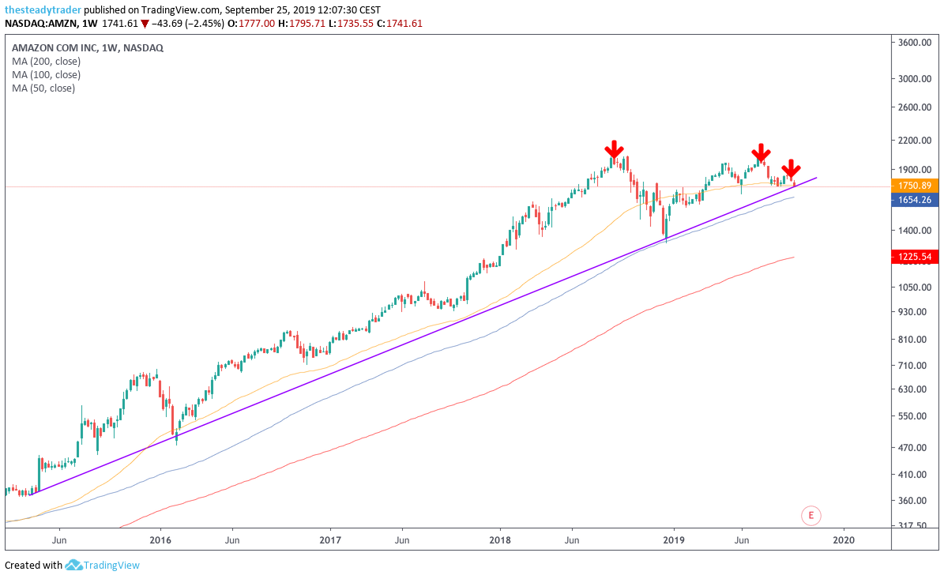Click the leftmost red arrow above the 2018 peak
(614, 151)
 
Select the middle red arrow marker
(761, 153)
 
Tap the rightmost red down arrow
(791, 169)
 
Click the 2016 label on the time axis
(160, 540)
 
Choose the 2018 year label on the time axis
(499, 540)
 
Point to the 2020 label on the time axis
(844, 540)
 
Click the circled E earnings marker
(811, 516)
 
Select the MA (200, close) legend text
(47, 61)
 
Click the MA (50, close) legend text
(43, 88)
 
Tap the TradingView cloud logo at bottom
(74, 565)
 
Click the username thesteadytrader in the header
(43, 9)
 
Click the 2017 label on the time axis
(330, 540)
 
